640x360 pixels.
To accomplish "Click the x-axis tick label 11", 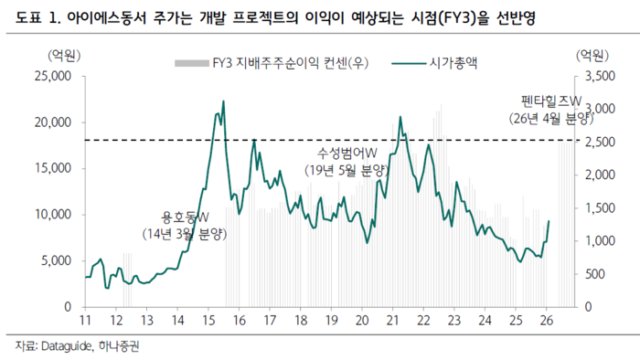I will click(85, 321).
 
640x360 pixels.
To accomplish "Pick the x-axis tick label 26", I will click(547, 321).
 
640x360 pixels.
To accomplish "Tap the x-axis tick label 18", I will click(301, 321).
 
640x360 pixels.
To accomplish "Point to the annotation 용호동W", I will click(186, 217).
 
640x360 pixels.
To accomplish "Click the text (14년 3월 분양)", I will click(186, 234).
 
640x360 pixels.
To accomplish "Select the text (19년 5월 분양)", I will click(347, 168).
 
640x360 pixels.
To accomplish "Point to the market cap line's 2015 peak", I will click(223, 101).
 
